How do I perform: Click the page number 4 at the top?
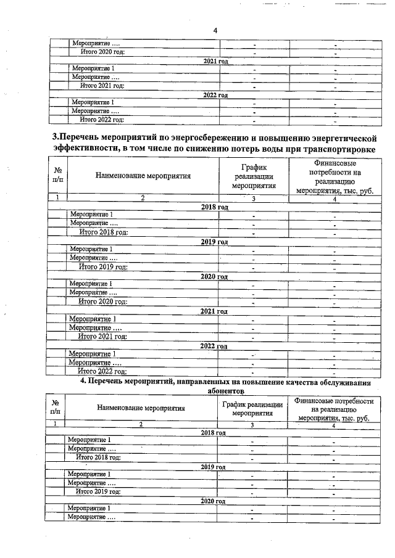click(x=215, y=30)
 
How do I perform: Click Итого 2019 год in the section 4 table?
click(x=98, y=491)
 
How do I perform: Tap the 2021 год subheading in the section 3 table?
click(x=214, y=311)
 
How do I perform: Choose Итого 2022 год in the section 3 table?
click(x=101, y=371)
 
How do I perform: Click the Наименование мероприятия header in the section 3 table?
click(x=143, y=176)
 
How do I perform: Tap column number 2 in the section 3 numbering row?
click(x=143, y=198)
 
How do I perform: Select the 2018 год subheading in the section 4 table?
click(x=214, y=432)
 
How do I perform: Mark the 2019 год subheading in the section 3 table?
click(x=215, y=242)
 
